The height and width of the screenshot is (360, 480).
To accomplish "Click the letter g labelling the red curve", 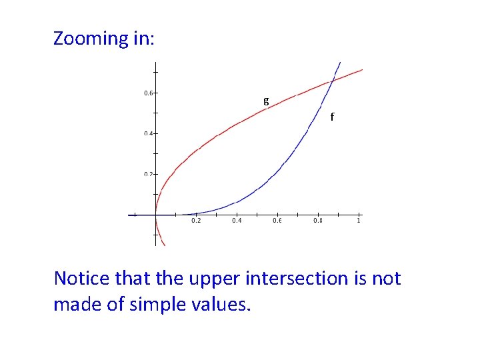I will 266,101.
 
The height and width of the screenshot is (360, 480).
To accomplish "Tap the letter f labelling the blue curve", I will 332,117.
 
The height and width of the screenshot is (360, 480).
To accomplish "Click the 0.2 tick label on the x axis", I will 196,221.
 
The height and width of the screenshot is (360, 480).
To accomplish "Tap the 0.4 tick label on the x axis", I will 237,221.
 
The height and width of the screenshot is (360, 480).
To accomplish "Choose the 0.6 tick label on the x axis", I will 277,221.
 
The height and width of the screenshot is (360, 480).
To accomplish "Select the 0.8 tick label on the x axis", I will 318,221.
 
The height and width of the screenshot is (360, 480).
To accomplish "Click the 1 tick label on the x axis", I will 359,221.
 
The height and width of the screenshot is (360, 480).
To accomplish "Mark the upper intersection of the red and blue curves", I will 332,81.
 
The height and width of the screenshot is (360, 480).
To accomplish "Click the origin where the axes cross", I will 155,215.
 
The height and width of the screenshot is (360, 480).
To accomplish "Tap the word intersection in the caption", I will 297,278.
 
